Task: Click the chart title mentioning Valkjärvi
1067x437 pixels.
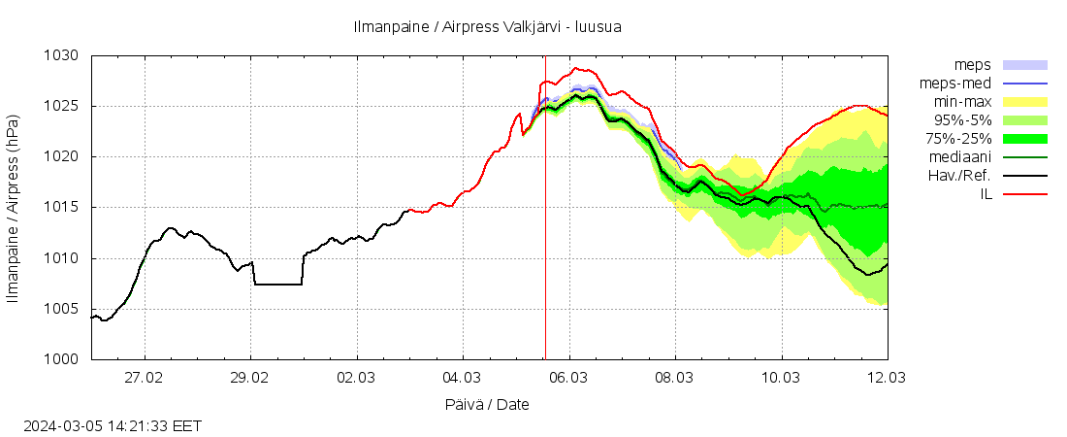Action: point(488,27)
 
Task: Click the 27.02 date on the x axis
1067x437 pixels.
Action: point(145,377)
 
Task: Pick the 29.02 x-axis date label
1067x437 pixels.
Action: point(250,377)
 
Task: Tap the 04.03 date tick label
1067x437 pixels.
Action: point(463,377)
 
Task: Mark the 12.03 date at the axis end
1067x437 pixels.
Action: point(887,377)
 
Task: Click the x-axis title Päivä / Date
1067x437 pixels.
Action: point(489,404)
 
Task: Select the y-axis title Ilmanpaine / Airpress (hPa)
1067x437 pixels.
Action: point(13,208)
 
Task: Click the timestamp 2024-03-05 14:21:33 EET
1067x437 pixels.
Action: point(113,425)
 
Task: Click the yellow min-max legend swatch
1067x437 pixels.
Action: point(1024,102)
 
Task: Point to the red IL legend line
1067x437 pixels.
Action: point(1024,194)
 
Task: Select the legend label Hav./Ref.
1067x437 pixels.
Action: point(959,176)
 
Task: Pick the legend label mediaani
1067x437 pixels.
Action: point(959,157)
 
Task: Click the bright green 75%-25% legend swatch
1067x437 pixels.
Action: point(1024,139)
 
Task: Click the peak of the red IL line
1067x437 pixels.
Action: point(576,68)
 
